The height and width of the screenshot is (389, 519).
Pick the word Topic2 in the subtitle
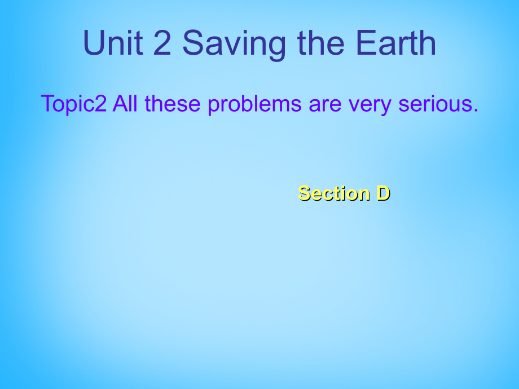point(73,104)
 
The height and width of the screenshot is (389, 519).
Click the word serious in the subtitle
point(437,104)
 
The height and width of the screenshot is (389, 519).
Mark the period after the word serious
point(474,111)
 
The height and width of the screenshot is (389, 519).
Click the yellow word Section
point(333,193)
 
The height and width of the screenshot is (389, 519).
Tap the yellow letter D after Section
point(383,193)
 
